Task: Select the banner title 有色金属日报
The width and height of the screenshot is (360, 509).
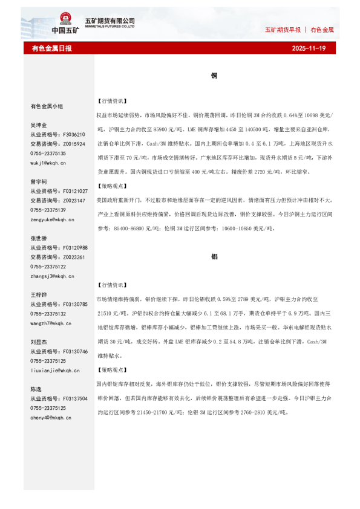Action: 52,48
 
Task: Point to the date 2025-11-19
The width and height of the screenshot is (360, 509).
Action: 309,48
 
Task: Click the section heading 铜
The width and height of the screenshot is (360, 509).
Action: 214,76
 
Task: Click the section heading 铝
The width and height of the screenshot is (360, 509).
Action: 214,256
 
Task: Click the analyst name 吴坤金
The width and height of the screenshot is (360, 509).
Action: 39,125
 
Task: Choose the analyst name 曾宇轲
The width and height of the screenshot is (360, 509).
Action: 39,181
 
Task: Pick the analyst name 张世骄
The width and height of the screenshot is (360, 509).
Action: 39,238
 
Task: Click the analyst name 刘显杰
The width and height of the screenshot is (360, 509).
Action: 39,342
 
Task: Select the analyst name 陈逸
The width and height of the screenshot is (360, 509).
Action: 36,389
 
